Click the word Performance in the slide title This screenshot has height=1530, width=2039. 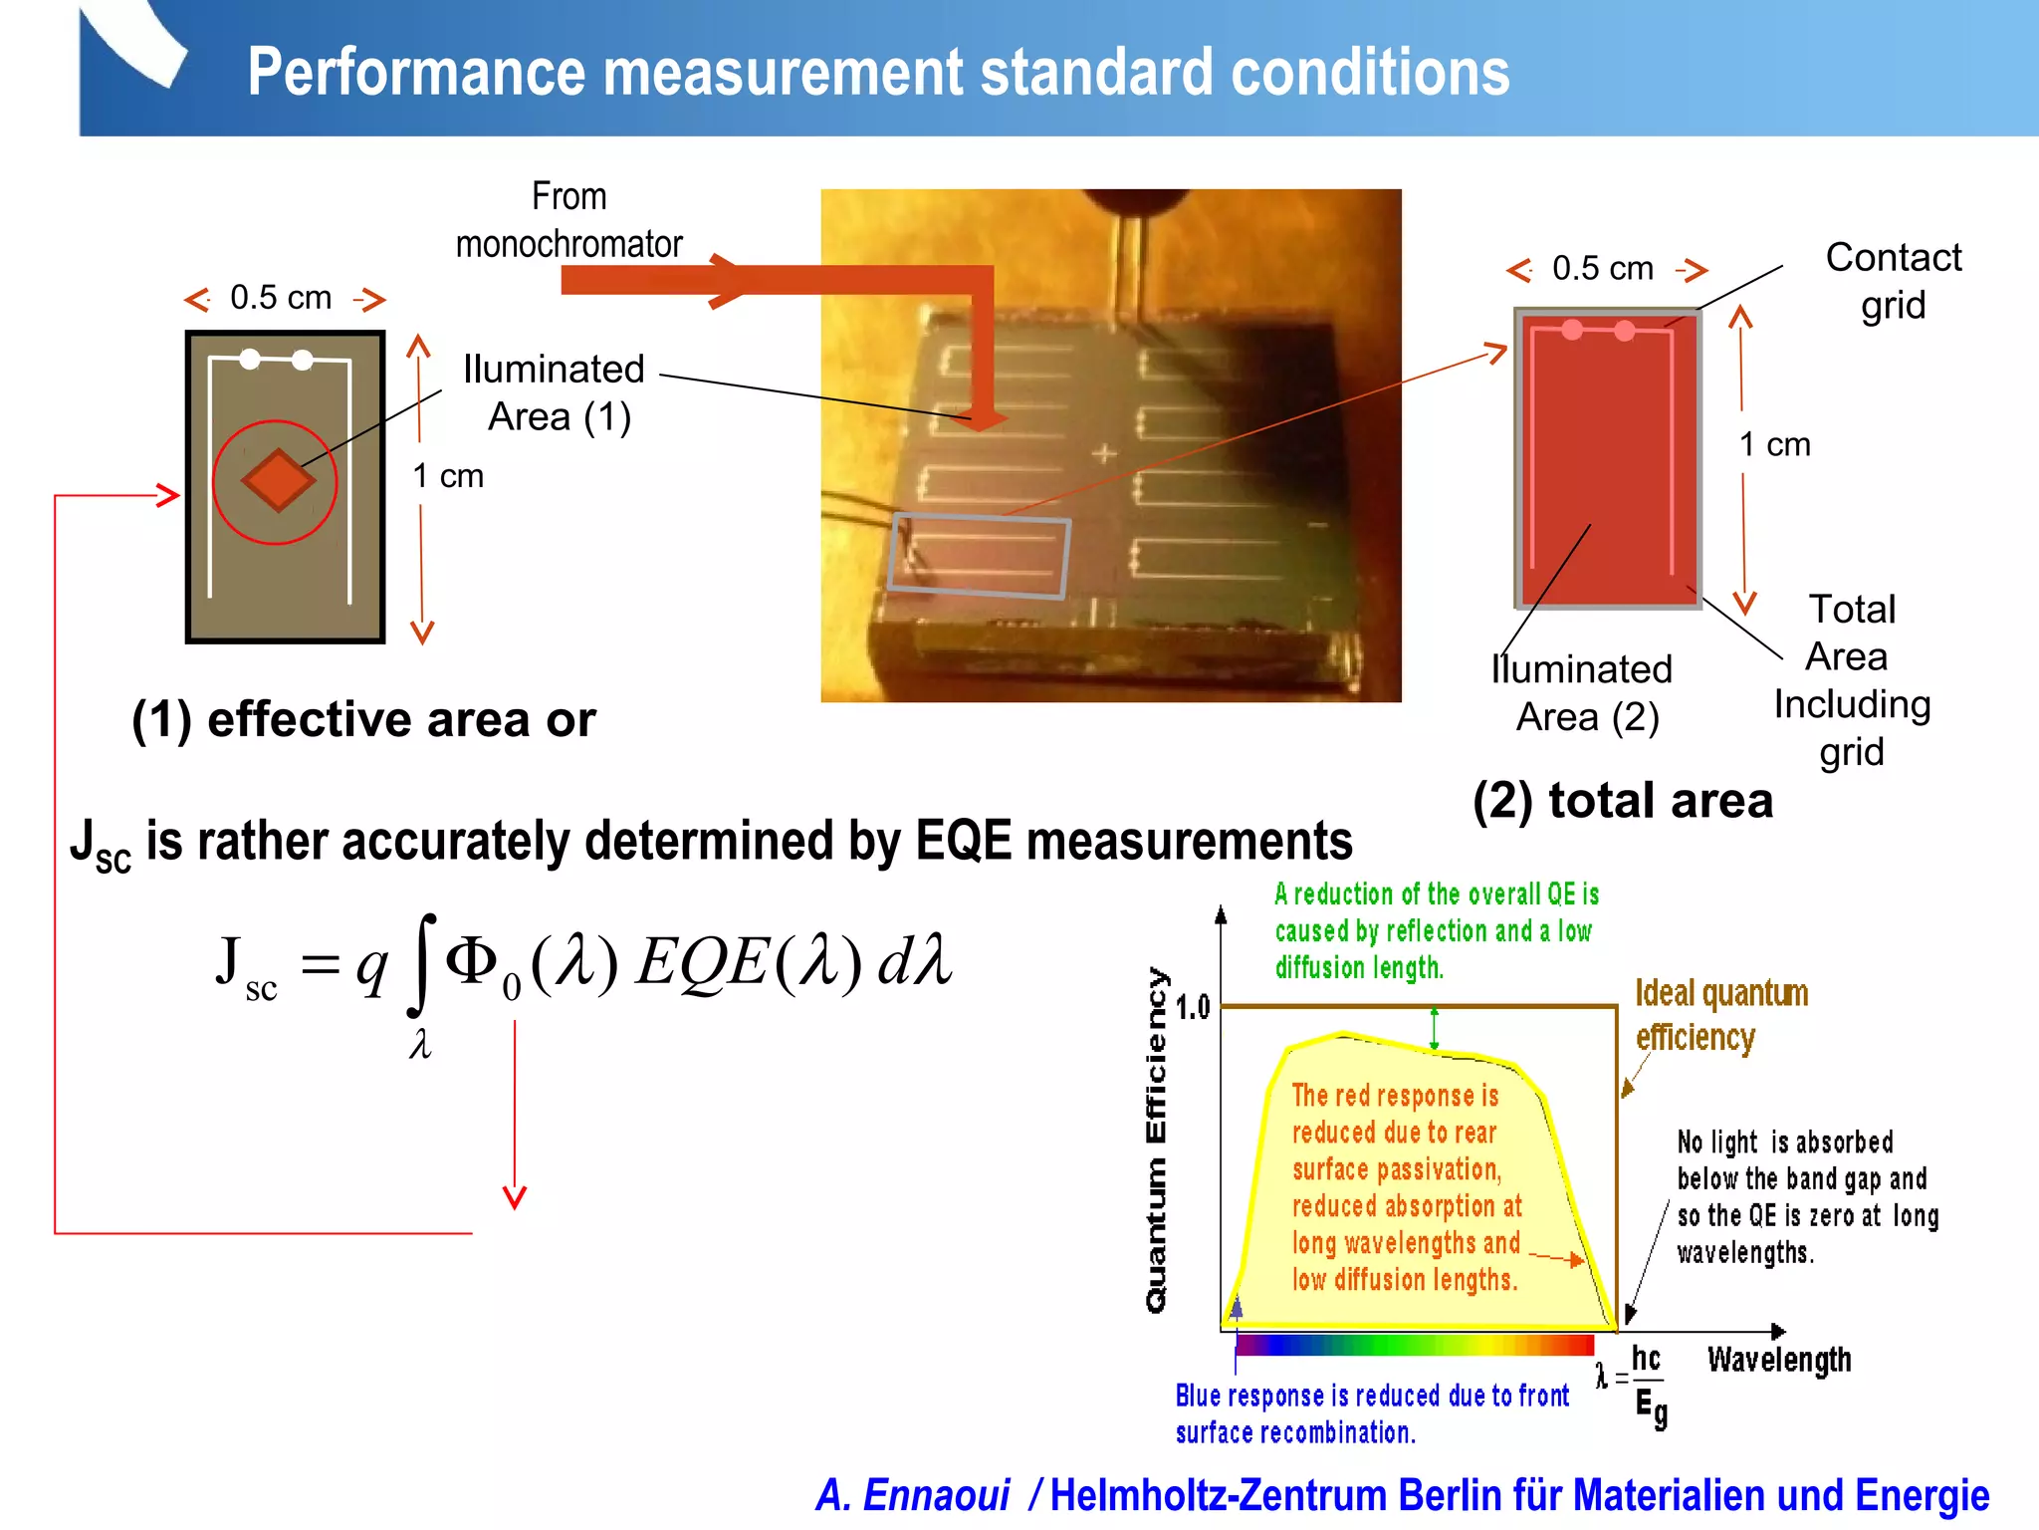click(417, 73)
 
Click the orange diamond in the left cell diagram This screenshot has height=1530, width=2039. click(278, 481)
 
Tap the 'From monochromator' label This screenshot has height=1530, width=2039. click(568, 220)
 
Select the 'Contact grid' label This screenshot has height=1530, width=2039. click(1893, 281)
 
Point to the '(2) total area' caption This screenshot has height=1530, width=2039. click(1623, 801)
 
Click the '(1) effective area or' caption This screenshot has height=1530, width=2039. click(363, 719)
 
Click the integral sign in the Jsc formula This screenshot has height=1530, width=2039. click(422, 964)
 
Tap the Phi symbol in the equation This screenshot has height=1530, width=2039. click(472, 961)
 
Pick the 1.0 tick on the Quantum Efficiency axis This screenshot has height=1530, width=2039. click(1192, 1007)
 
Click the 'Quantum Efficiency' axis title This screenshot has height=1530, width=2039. click(1156, 1140)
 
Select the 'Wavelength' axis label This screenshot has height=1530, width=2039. click(1779, 1360)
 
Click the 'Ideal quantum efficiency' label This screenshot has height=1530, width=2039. click(1720, 1015)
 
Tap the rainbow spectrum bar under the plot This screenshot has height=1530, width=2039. click(1414, 1346)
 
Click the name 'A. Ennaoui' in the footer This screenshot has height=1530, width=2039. click(912, 1495)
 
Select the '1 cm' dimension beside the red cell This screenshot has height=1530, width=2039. click(1774, 444)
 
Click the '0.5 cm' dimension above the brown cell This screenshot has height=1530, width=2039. click(281, 297)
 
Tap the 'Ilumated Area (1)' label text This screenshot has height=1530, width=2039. click(555, 392)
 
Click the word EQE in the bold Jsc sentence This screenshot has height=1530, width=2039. click(964, 841)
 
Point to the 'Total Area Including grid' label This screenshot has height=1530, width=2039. click(1852, 679)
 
